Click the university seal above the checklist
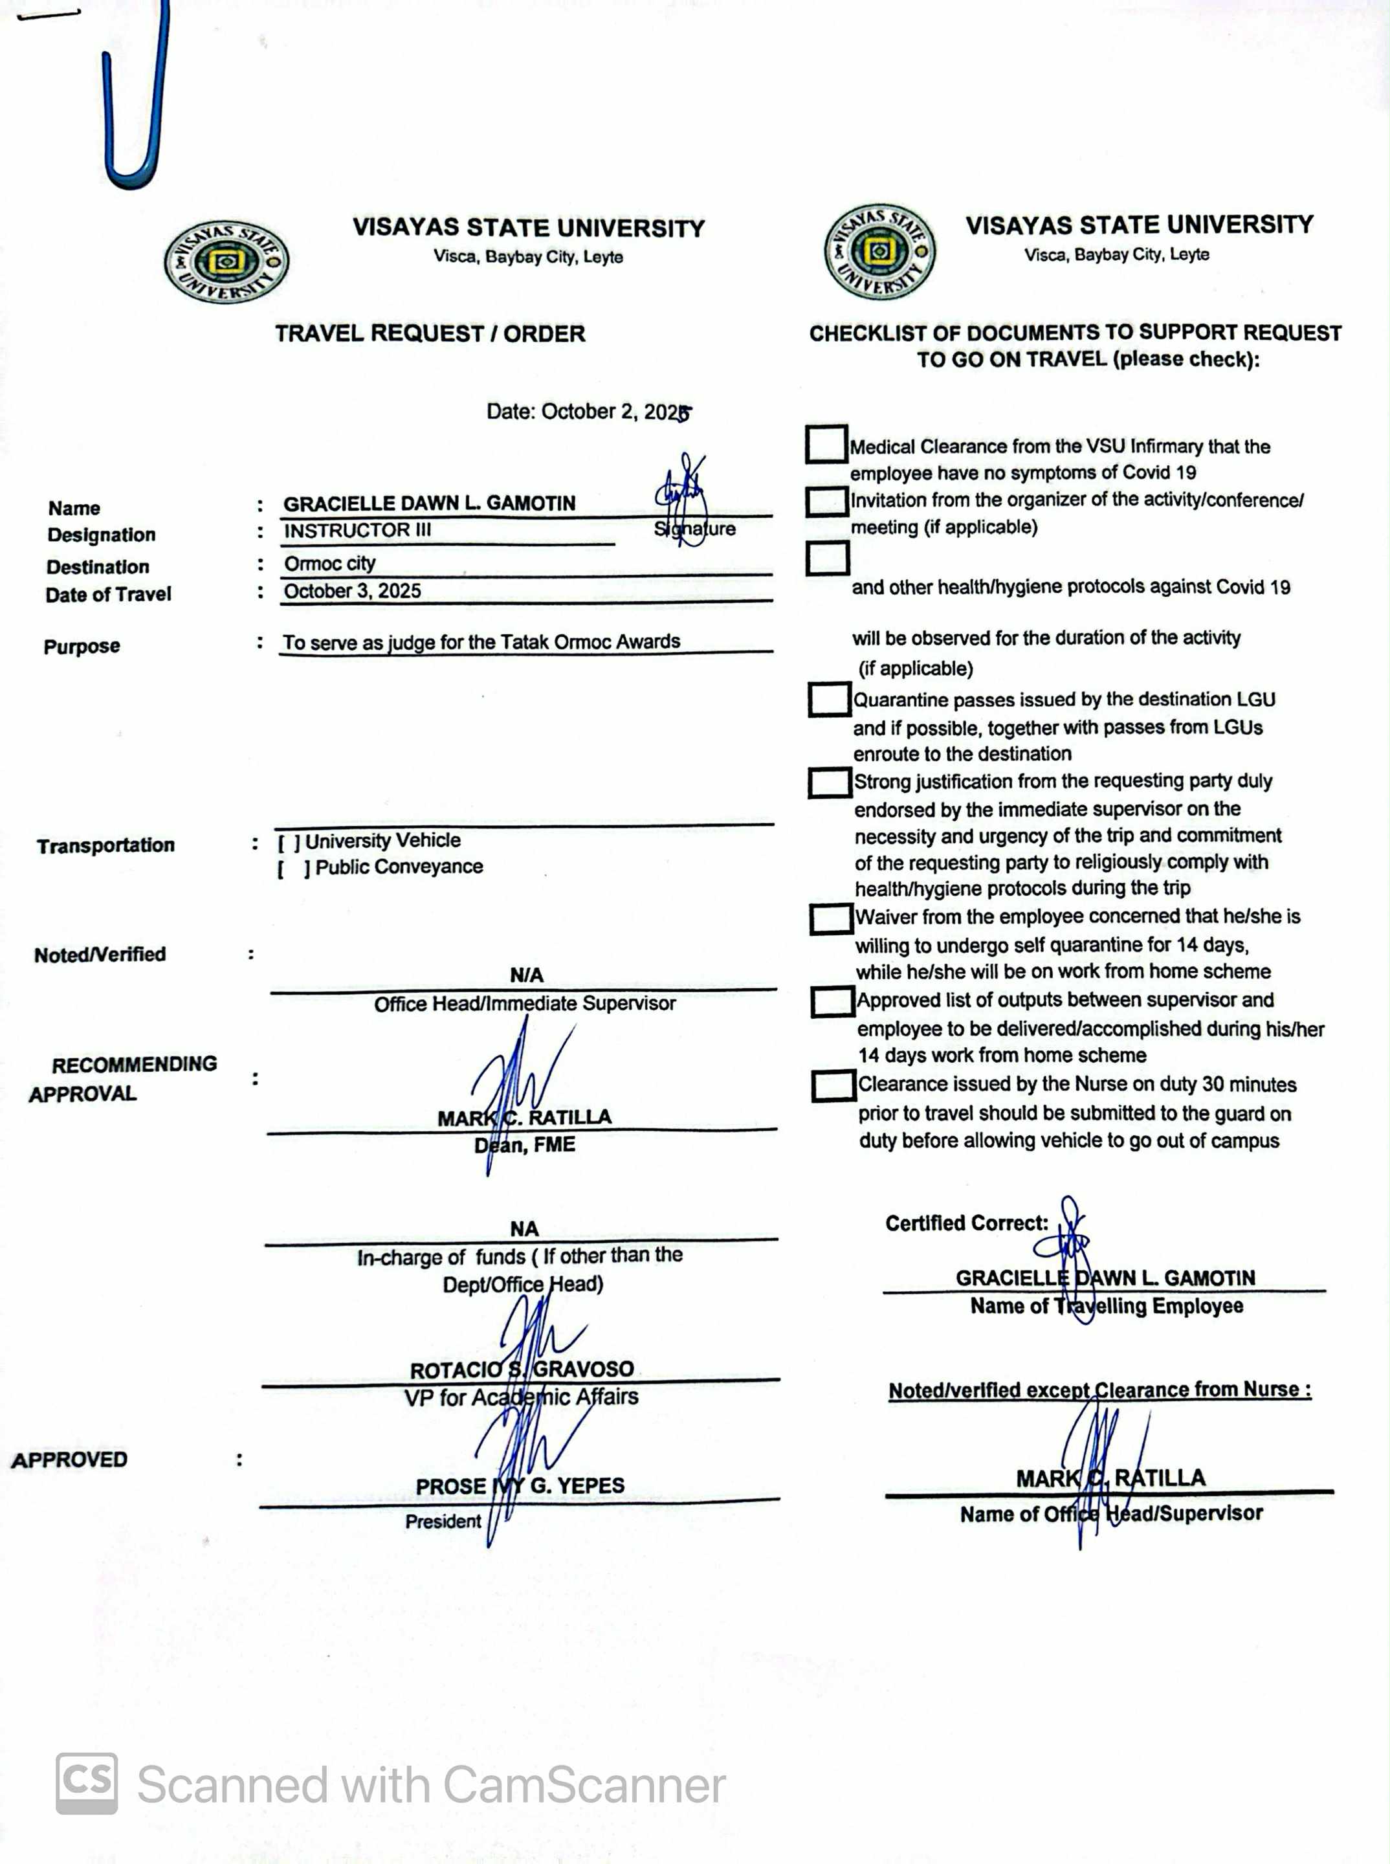(880, 250)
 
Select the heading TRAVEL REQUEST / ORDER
(430, 333)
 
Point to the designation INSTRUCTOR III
(358, 530)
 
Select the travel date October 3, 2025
(353, 591)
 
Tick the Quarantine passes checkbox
(829, 698)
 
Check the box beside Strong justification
(829, 782)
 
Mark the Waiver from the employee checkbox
(830, 918)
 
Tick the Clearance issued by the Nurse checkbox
(833, 1085)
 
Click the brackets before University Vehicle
(289, 841)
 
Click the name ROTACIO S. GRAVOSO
(522, 1369)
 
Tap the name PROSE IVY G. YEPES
(520, 1485)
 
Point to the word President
(443, 1521)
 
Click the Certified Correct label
(966, 1223)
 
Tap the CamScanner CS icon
(87, 1783)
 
